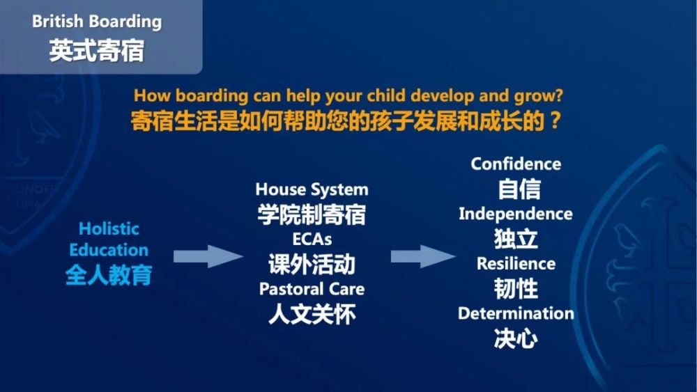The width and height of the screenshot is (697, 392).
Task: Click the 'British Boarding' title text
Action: [x=97, y=22]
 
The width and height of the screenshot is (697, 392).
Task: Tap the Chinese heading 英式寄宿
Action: [x=97, y=51]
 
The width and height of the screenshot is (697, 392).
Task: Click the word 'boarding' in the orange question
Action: [x=212, y=96]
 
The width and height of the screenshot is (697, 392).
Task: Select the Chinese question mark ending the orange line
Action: [x=555, y=120]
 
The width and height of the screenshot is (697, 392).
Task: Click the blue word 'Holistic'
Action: [x=109, y=228]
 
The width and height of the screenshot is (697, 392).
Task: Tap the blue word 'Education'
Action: [x=109, y=250]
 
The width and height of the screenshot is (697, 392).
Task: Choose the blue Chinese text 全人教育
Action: [x=109, y=275]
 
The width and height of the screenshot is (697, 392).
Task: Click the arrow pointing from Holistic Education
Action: [x=208, y=256]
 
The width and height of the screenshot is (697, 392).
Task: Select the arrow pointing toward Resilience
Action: [x=423, y=256]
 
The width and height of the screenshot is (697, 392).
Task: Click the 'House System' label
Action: [x=312, y=189]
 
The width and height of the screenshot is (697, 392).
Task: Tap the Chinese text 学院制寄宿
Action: [x=312, y=215]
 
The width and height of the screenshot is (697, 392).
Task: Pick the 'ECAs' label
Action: [x=312, y=240]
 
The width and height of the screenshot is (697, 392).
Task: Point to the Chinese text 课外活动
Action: [x=312, y=265]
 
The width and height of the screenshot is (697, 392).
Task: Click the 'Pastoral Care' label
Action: [x=312, y=289]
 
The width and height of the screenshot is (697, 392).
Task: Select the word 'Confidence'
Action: [x=516, y=164]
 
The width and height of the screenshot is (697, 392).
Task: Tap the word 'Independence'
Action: [x=516, y=214]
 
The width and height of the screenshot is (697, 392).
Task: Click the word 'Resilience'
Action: [x=516, y=264]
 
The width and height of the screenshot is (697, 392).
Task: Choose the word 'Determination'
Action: [x=516, y=313]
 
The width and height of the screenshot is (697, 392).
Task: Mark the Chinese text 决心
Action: [x=516, y=338]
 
